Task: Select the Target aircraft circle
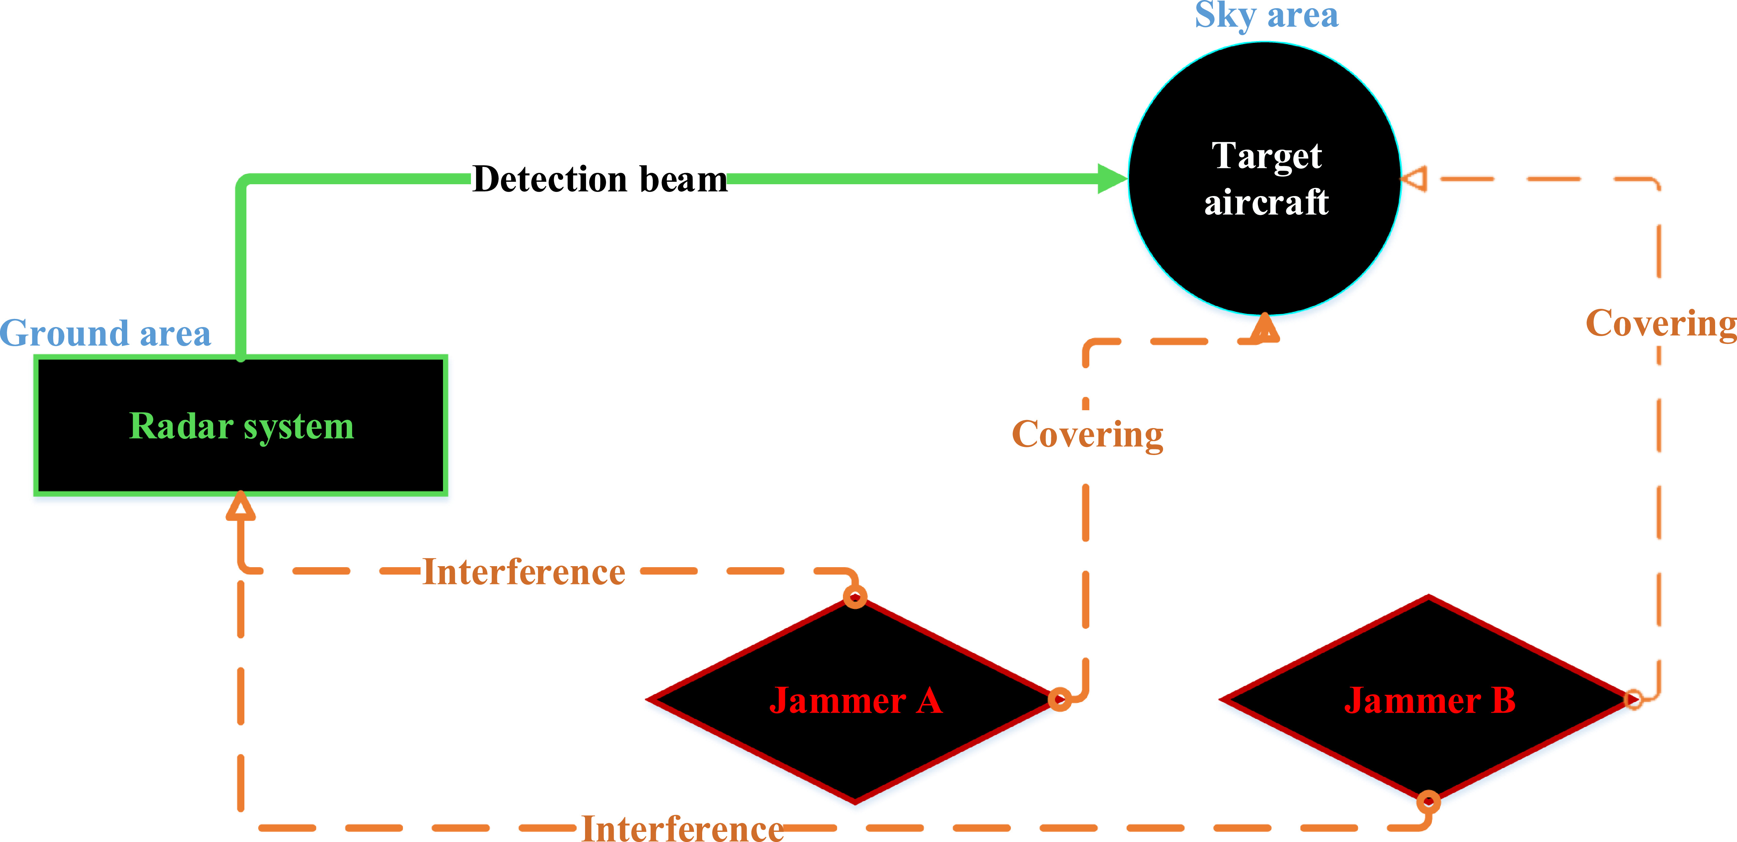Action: [x=1265, y=179]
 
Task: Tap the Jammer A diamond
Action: [x=855, y=700]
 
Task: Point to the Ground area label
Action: [x=105, y=333]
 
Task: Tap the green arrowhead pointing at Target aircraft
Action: [x=1113, y=179]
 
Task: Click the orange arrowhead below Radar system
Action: [x=241, y=506]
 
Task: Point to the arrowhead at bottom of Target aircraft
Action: [x=1265, y=328]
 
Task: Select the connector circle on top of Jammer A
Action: [x=855, y=596]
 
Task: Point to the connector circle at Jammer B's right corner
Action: [x=1634, y=699]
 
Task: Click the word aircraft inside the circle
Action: [x=1266, y=202]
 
